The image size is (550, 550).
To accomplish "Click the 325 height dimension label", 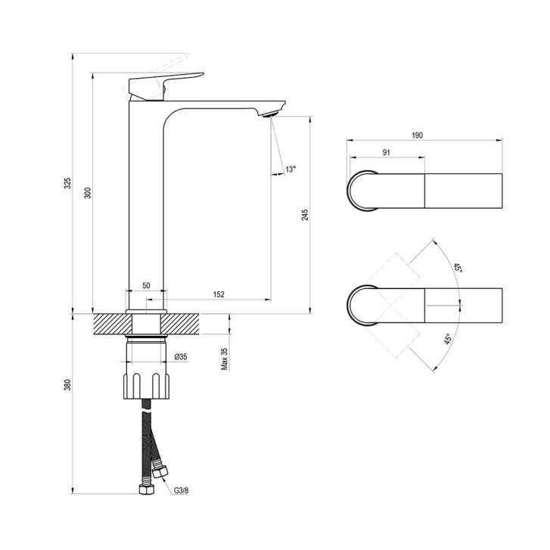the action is [x=67, y=183].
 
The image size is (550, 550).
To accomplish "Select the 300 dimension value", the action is [x=87, y=193].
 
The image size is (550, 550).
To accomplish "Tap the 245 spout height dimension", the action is [x=305, y=215].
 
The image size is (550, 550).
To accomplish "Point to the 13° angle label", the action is [x=291, y=169].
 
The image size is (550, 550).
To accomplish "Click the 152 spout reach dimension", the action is [x=219, y=294].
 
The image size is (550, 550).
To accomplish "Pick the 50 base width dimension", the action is [x=146, y=285].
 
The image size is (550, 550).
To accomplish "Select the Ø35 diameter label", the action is [x=181, y=357].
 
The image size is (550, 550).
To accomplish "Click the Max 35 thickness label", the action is [x=225, y=359].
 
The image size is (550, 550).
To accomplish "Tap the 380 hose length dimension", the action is [x=67, y=385].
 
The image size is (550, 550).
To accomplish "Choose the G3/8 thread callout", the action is [x=181, y=490].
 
